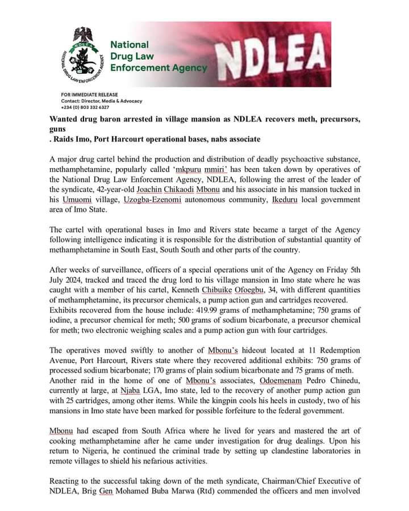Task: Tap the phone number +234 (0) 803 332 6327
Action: pos(85,107)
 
